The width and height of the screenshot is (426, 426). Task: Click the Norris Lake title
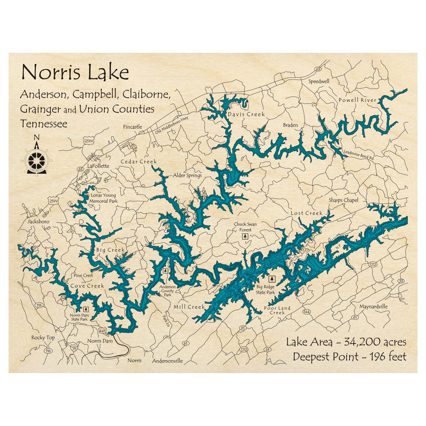75,73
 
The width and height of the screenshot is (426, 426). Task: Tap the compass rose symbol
36,160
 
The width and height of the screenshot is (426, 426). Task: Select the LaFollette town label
98,166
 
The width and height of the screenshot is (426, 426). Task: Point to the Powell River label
357,100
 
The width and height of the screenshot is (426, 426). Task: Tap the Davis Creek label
246,114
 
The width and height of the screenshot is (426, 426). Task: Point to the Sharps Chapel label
343,200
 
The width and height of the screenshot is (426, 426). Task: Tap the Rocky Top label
43,338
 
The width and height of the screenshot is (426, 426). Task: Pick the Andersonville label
167,361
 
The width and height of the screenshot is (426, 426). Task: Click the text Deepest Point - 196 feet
349,357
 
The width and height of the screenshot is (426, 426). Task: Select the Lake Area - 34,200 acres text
346,342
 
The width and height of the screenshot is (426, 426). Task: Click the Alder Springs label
187,176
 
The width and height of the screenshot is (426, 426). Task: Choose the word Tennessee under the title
43,124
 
